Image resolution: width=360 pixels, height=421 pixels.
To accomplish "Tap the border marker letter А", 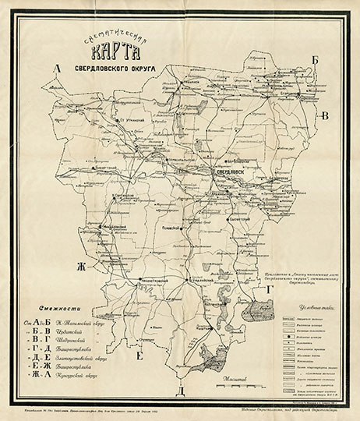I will (x=56, y=69).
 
